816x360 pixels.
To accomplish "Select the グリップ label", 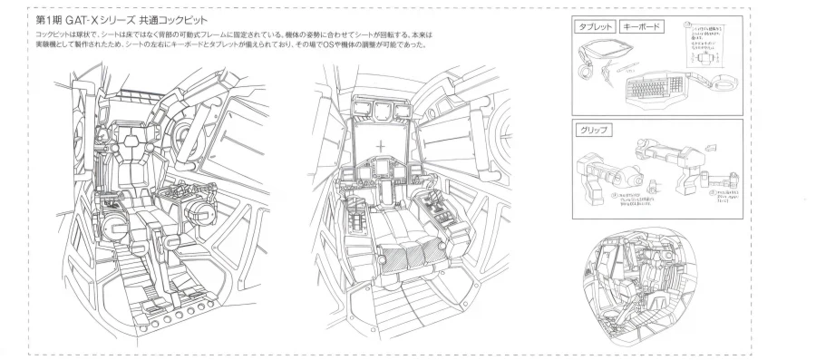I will [595, 130].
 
